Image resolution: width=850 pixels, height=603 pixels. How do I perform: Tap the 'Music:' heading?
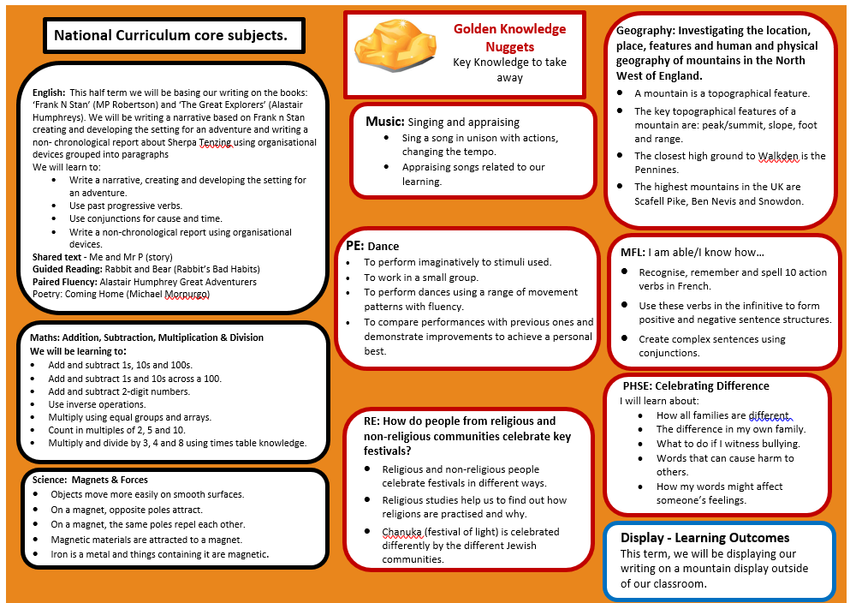point(385,122)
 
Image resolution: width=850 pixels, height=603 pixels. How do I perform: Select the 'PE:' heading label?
point(354,246)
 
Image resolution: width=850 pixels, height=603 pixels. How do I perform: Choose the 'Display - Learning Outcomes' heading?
point(704,538)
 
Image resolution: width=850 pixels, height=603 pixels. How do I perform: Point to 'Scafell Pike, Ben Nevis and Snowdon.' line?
point(718,201)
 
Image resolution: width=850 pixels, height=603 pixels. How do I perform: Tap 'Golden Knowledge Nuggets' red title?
point(509,37)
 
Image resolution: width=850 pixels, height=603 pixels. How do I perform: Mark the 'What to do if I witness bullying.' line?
point(728,444)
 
